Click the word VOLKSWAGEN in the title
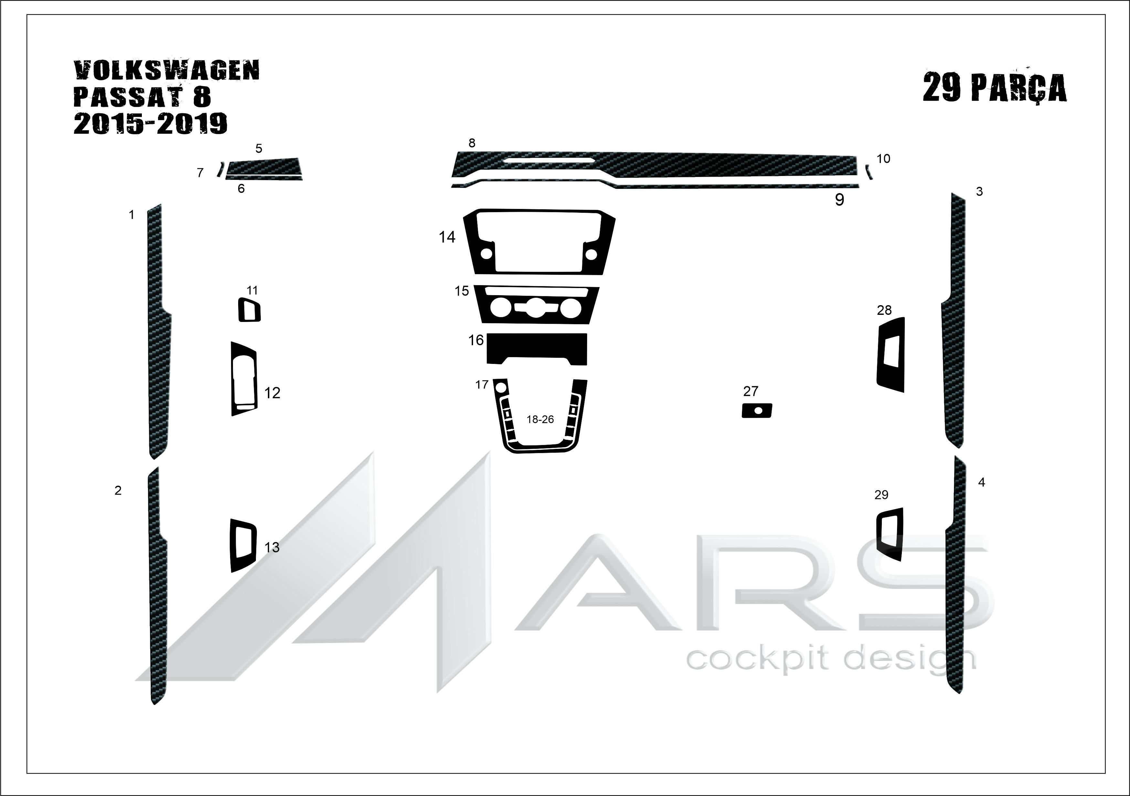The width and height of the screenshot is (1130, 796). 166,71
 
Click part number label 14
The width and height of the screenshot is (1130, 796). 447,237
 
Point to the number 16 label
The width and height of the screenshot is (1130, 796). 476,340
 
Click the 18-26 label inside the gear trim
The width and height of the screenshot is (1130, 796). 540,419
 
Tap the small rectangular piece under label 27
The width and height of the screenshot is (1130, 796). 757,410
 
